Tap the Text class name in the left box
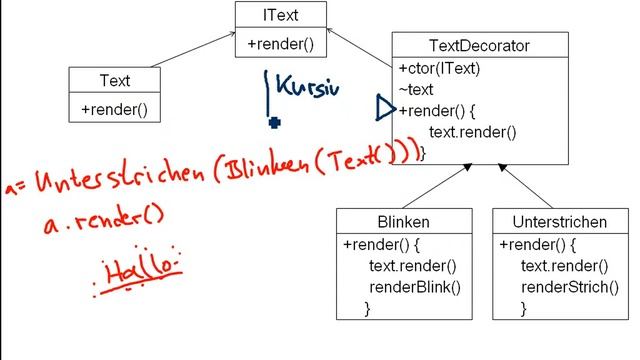click(x=115, y=80)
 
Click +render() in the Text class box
click(x=115, y=109)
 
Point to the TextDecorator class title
click(x=479, y=45)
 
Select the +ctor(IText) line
click(x=439, y=69)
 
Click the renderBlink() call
click(x=415, y=288)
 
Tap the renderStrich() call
click(x=566, y=288)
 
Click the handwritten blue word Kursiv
click(x=307, y=88)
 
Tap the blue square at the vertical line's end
click(x=274, y=123)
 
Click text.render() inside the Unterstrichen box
click(x=565, y=266)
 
